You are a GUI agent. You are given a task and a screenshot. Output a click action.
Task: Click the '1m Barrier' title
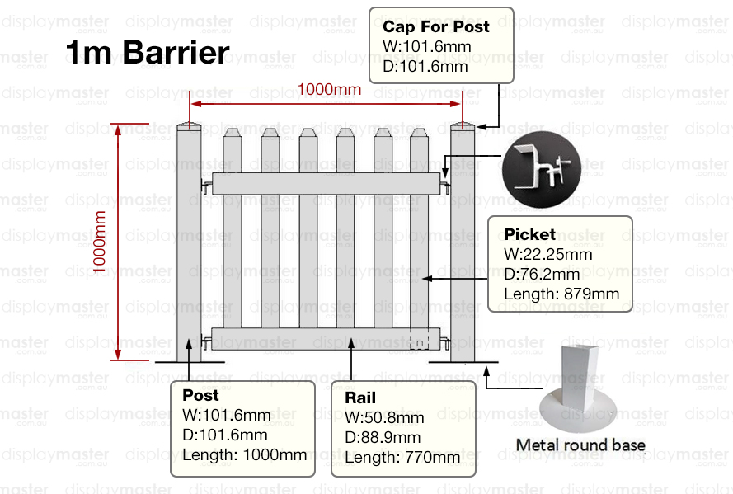click(x=148, y=52)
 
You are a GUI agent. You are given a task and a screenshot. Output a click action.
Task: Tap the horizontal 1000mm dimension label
click(x=329, y=89)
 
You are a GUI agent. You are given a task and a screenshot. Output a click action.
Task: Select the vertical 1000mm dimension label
click(x=99, y=242)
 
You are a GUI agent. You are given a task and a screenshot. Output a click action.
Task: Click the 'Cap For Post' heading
click(x=435, y=26)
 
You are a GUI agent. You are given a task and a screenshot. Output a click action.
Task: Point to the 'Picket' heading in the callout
click(x=529, y=234)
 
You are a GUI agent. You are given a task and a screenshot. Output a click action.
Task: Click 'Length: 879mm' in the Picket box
click(x=561, y=294)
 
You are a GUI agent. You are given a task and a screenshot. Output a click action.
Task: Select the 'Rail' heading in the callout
click(x=360, y=398)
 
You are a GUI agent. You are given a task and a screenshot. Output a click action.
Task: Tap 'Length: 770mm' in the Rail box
click(x=402, y=457)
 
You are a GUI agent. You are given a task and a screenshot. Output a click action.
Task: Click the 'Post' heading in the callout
click(x=200, y=395)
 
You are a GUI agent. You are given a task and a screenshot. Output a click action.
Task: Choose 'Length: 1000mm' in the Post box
click(x=245, y=454)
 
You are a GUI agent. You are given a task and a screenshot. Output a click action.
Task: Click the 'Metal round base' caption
click(x=580, y=445)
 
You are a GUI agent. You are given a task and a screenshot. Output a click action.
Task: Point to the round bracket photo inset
click(x=542, y=169)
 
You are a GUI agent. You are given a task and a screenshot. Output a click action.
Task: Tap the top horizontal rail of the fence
click(x=327, y=184)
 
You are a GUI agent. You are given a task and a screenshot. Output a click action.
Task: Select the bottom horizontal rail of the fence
click(x=326, y=339)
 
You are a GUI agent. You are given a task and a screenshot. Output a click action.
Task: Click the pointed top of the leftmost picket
click(x=233, y=133)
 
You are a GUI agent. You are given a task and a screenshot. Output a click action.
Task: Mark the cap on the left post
click(x=189, y=125)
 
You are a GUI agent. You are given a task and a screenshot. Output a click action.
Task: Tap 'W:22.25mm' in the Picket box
click(x=547, y=254)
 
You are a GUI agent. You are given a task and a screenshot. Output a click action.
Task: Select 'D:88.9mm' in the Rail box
click(x=383, y=437)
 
